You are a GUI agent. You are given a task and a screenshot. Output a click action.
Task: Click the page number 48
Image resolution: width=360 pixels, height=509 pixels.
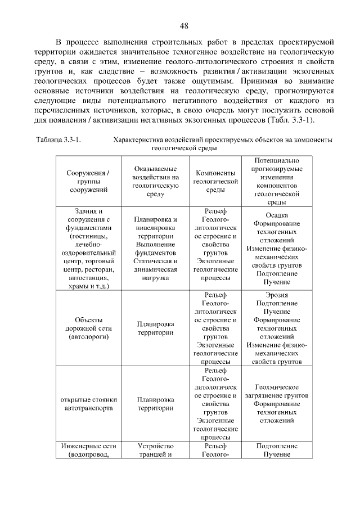point(184,25)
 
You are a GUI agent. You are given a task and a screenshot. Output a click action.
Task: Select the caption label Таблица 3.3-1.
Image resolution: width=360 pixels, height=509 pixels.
point(58,139)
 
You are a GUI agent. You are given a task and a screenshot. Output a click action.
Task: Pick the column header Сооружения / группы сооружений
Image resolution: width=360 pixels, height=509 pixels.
point(88,181)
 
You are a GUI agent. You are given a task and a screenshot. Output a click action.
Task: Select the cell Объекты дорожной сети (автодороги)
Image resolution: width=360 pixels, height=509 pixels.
point(88,328)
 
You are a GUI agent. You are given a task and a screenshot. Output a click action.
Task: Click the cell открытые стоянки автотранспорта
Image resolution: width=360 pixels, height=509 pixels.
point(88,404)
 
